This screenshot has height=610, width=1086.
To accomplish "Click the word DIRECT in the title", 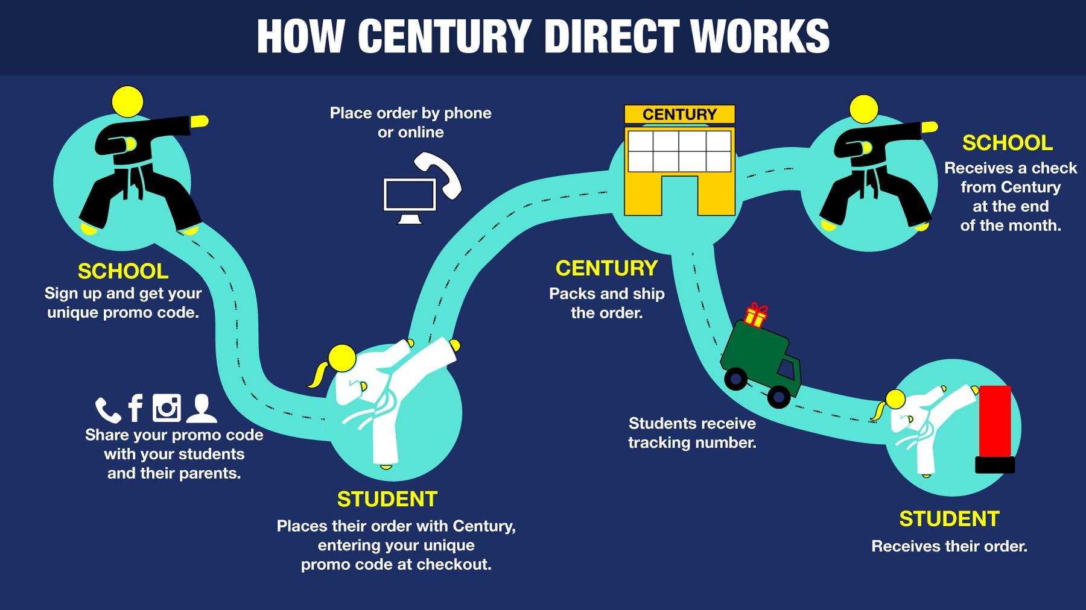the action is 612,37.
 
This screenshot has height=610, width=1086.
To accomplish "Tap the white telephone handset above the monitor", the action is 439,175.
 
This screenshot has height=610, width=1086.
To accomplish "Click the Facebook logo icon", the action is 136,408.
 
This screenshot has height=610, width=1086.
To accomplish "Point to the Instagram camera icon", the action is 167,407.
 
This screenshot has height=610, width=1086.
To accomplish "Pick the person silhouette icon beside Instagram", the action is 201,408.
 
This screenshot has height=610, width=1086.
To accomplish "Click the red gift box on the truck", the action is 755,315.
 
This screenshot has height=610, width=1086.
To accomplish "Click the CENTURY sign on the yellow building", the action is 679,114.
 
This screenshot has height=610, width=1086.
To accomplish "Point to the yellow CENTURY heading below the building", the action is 606,268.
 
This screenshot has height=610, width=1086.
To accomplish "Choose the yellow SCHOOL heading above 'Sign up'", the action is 123,271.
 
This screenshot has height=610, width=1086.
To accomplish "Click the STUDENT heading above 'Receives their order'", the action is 949,519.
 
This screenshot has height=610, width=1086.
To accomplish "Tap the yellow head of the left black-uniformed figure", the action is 128,102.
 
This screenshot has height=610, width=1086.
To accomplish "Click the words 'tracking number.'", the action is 692,443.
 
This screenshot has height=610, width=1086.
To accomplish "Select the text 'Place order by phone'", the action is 410,113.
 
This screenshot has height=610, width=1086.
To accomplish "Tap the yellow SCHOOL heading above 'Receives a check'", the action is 1008,143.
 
